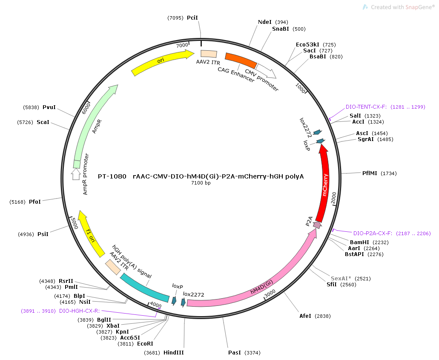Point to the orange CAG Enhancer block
[241, 60]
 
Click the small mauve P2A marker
[317, 225]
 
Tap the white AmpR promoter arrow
[76, 174]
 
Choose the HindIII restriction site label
[174, 352]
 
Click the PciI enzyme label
[192, 17]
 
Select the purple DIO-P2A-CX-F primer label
[373, 233]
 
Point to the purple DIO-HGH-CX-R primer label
[80, 311]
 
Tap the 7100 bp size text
[201, 183]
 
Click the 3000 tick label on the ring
[270, 293]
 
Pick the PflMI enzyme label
[370, 173]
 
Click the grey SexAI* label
[341, 279]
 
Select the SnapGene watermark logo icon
[365, 7]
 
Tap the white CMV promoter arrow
[266, 71]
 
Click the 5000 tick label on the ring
[74, 224]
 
